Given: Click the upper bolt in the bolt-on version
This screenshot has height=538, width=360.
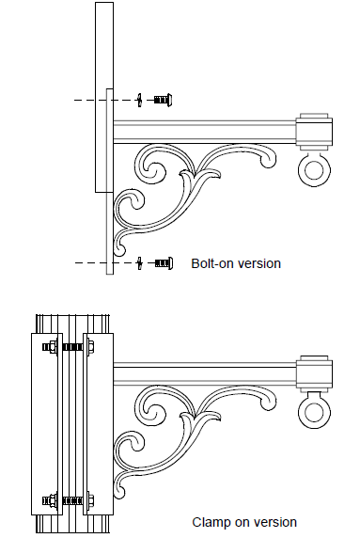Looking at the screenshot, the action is pos(163,100).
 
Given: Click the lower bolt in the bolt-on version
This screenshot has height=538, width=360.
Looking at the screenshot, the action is pos(164,263).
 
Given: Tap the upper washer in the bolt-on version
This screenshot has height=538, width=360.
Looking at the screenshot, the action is pos(139,100).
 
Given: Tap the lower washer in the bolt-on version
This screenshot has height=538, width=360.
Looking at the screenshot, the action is pos(139,263).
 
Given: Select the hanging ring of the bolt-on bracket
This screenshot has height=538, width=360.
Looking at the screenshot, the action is pos(314,169).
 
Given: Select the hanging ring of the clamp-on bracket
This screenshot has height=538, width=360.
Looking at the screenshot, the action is pos(314,411).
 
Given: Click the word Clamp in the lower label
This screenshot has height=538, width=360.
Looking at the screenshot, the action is pos(211,522).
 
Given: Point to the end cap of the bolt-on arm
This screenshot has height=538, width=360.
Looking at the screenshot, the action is pos(314,132).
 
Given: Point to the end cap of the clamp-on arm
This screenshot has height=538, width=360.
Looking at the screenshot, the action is pos(314,373).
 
